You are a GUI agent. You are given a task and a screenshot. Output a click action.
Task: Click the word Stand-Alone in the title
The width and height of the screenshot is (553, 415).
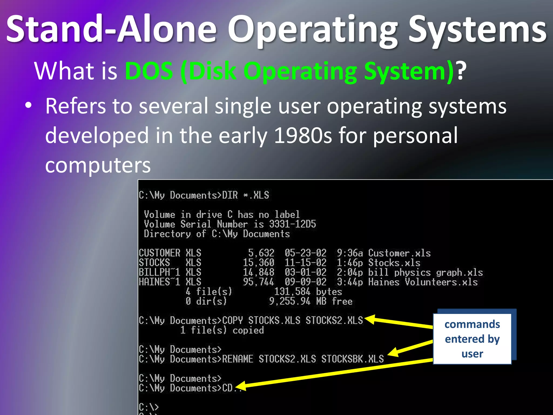tap(111, 29)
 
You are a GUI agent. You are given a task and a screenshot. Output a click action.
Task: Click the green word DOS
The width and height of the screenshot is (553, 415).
tap(149, 71)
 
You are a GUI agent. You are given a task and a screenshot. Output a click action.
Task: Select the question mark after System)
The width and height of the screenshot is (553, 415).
tap(461, 71)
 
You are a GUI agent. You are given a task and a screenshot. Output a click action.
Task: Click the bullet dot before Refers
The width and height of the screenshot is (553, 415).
tap(28, 106)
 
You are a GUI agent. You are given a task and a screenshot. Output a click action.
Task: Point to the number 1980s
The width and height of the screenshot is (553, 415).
tap(303, 135)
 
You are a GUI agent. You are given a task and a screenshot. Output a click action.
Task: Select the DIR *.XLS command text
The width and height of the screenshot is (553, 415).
tap(245, 195)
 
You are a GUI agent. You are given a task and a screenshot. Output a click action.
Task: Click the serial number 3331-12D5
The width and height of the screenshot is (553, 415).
tap(292, 224)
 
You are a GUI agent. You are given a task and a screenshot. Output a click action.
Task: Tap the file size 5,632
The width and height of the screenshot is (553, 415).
tap(261, 253)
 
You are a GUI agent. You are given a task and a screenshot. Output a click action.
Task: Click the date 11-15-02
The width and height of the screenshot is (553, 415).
tap(305, 263)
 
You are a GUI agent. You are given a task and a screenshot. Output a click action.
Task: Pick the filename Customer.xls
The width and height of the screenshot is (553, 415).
tap(399, 253)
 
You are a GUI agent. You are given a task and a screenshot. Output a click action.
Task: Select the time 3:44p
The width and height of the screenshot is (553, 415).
tap(350, 282)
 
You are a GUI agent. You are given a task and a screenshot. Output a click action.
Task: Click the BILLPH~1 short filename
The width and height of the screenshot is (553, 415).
tap(159, 272)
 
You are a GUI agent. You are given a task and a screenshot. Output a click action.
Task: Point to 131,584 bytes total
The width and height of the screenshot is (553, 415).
tap(308, 292)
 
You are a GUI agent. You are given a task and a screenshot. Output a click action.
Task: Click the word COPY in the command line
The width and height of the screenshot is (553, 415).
tap(232, 320)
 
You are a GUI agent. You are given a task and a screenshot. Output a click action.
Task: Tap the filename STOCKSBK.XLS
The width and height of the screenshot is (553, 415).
tap(352, 359)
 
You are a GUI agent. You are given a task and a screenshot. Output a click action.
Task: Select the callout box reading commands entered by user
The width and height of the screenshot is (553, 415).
tap(472, 339)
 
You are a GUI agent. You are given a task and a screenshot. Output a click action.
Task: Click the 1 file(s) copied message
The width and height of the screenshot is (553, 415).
tap(222, 330)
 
